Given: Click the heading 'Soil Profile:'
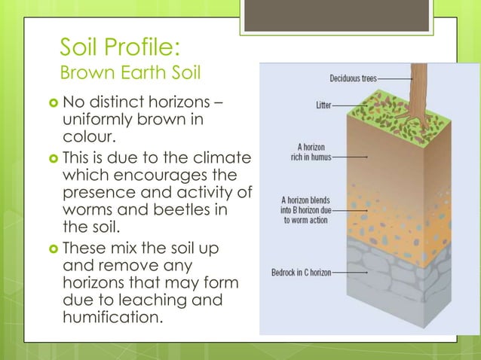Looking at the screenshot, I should click(x=119, y=49).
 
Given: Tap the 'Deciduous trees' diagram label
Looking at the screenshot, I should click(x=353, y=78).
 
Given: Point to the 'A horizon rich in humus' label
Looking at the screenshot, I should click(x=310, y=153).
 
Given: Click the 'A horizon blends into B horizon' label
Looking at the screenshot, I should click(x=305, y=210).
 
